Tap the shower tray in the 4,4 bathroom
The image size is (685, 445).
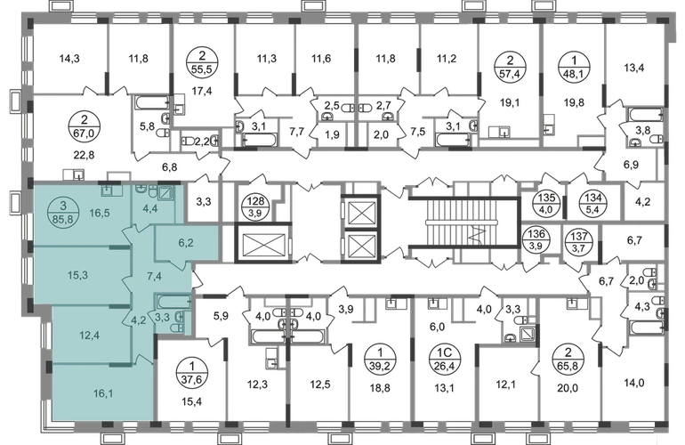(166, 192)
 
